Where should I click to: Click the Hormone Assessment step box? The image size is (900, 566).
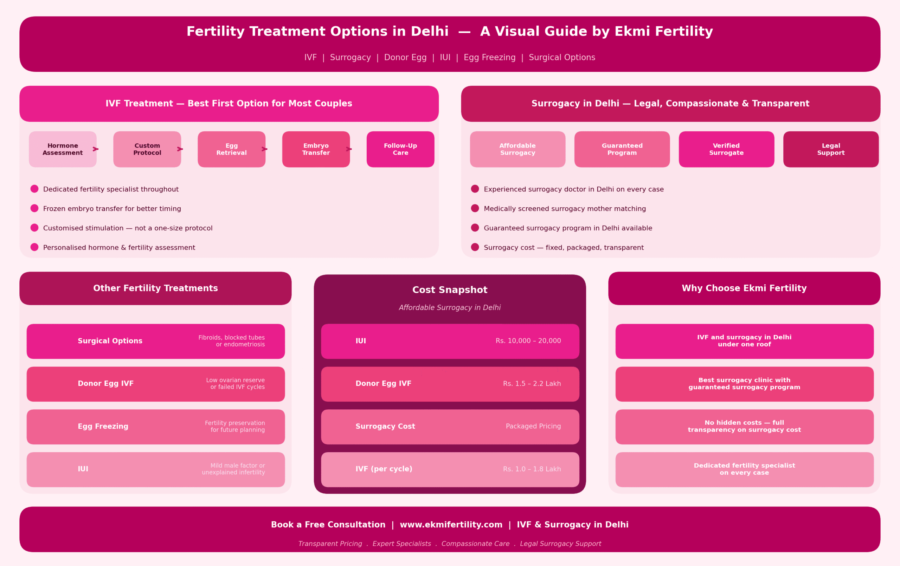pos(63,149)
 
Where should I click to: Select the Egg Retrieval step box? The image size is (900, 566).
pos(231,149)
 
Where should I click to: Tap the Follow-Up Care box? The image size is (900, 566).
pos(400,149)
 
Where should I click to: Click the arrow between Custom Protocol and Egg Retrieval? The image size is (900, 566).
pos(180,149)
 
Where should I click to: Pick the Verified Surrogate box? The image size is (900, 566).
pos(726,149)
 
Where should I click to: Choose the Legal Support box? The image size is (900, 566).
pos(830,149)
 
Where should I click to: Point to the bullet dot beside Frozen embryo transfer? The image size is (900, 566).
pos(34,208)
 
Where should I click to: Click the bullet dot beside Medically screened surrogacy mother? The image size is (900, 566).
pos(475,208)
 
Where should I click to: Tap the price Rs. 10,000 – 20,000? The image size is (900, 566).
pos(528,341)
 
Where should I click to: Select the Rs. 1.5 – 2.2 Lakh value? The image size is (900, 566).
pos(532,384)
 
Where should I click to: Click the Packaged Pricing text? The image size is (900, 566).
pos(533,426)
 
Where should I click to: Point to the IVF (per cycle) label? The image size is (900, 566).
pos(384,469)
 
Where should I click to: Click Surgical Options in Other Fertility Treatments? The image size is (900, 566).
pos(110,341)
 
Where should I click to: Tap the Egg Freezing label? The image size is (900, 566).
pos(103,426)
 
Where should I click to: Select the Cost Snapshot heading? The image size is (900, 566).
pos(450,290)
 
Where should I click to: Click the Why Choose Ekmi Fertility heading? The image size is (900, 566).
pos(744,288)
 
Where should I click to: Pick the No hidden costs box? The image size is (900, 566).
pos(744,426)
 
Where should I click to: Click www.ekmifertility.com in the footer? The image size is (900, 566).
pos(451,525)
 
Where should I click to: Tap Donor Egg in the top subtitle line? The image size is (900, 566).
pos(405,58)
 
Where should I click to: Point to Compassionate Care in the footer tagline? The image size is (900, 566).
pos(475,544)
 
